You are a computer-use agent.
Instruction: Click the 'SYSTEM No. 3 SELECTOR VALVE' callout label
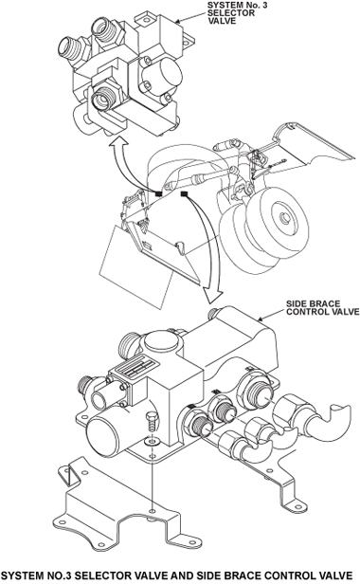237,13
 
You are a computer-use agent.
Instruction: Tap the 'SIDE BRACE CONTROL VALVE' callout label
322,307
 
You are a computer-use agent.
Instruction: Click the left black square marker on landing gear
159,193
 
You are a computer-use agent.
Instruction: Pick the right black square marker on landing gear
184,193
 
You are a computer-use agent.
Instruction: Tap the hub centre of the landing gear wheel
284,217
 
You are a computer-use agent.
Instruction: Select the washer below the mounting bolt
152,442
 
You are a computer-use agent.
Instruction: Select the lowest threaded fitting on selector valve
105,96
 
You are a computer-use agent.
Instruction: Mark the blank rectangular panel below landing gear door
136,267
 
